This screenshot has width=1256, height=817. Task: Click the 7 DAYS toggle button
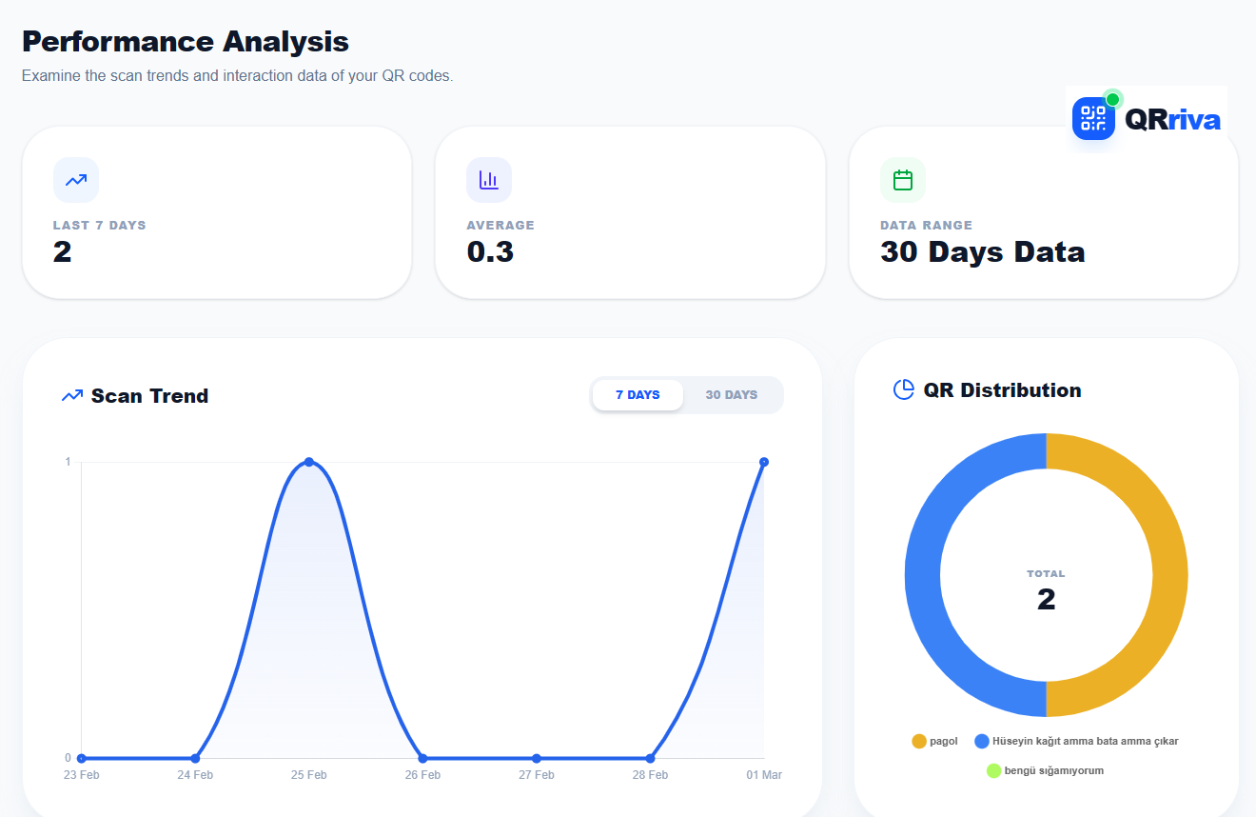(x=638, y=395)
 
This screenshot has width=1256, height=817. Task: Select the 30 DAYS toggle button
(x=732, y=395)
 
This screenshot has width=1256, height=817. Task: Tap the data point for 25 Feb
(x=309, y=462)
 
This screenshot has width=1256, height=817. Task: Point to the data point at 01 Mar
(x=764, y=462)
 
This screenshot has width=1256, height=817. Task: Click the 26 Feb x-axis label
(x=422, y=775)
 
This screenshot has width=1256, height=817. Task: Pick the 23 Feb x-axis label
(x=82, y=775)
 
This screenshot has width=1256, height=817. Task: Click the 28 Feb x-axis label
(x=650, y=775)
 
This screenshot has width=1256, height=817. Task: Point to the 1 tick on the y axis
(x=68, y=462)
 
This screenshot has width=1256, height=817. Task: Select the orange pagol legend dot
(x=919, y=741)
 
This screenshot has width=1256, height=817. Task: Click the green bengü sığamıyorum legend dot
(x=994, y=770)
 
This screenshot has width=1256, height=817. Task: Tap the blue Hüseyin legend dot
(x=982, y=741)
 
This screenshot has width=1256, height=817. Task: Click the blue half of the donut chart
(x=923, y=575)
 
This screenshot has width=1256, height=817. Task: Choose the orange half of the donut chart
(x=1169, y=575)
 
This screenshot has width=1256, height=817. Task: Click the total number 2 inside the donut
(x=1046, y=600)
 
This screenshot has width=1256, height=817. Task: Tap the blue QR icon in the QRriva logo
(x=1093, y=119)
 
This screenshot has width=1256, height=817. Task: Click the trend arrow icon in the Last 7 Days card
(x=76, y=180)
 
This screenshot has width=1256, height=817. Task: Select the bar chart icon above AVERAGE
(x=489, y=180)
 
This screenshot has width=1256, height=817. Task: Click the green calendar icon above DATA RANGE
(x=903, y=180)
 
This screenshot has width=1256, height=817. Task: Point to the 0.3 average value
(x=490, y=252)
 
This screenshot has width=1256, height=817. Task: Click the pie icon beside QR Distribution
(x=903, y=389)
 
